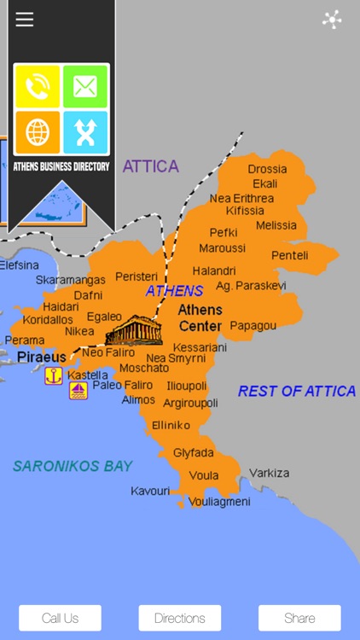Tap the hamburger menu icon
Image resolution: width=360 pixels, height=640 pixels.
(25, 20)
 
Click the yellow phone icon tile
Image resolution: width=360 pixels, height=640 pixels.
(38, 86)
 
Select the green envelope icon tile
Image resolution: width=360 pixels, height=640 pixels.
(85, 86)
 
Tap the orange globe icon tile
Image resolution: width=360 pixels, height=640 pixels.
(38, 132)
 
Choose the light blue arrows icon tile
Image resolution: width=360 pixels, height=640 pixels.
(85, 132)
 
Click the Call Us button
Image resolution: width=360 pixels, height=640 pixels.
(60, 618)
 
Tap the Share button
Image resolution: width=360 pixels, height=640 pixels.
(299, 618)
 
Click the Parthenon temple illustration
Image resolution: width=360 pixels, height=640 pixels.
(133, 329)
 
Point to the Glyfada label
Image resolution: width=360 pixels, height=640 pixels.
(194, 452)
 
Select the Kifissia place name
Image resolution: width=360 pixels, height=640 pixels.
(245, 211)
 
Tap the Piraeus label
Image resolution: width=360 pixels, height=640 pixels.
(41, 357)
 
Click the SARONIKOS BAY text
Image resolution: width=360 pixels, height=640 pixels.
(73, 466)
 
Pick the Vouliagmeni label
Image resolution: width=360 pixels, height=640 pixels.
(219, 502)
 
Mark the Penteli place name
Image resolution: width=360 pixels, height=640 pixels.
(290, 255)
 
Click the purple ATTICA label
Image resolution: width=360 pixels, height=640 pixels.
(151, 166)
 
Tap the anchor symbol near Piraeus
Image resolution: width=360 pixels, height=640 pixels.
(54, 375)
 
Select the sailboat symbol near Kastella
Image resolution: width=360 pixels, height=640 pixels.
(78, 390)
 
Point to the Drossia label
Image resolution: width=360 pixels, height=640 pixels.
(267, 169)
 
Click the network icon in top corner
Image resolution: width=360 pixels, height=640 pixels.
(332, 20)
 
